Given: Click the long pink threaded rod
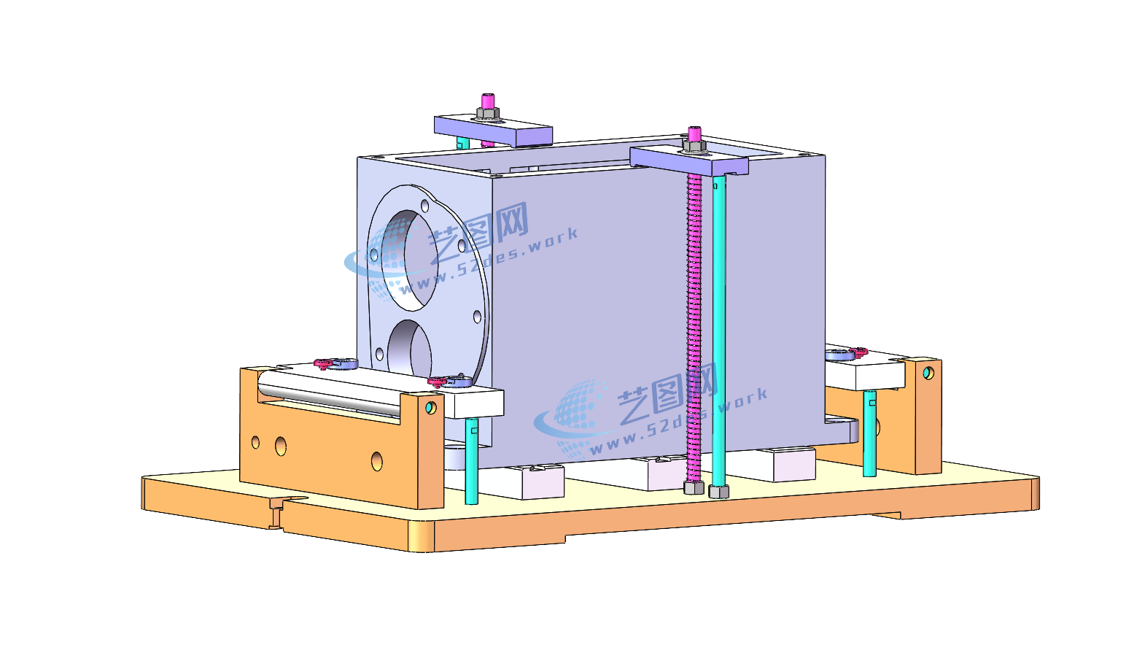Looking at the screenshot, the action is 694,328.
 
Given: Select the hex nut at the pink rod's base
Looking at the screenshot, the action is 694,487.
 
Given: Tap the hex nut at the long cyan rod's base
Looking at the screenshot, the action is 718,491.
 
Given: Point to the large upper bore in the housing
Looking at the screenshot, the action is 410,260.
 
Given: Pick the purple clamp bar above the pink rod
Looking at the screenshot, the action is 689,161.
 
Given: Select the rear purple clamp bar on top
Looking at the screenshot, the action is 494,130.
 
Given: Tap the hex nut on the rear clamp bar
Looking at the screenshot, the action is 487,113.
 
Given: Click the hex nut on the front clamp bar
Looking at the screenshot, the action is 694,146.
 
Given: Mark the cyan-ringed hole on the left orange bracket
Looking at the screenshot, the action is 430,407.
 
